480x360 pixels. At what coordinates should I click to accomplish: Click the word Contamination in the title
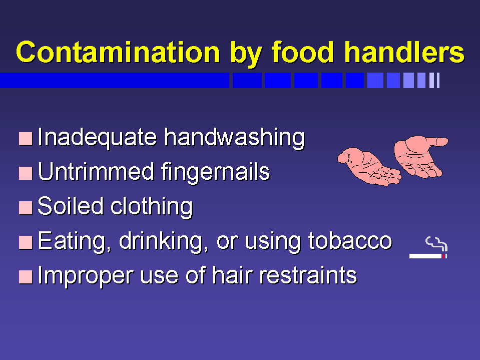118,52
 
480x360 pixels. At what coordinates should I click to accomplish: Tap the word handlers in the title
405,52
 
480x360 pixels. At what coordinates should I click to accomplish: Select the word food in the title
303,52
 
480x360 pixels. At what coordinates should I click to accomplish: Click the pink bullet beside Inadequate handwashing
26,139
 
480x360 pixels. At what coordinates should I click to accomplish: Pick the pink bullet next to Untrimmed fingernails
26,173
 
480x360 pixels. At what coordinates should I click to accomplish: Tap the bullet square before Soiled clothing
26,208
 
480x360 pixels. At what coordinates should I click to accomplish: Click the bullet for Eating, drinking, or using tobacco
26,242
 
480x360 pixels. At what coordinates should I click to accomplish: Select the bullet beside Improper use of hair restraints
26,277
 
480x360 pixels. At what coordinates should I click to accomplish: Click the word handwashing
234,138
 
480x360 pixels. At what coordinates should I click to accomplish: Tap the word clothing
152,206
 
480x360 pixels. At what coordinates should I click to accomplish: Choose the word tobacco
350,241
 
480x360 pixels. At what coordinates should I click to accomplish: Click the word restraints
308,275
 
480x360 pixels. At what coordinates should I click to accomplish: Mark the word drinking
163,242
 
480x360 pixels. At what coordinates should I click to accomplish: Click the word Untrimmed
96,171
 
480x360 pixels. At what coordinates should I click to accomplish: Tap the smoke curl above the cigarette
437,244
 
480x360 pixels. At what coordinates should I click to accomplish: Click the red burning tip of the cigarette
443,256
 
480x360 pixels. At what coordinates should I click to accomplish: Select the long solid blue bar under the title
115,80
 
